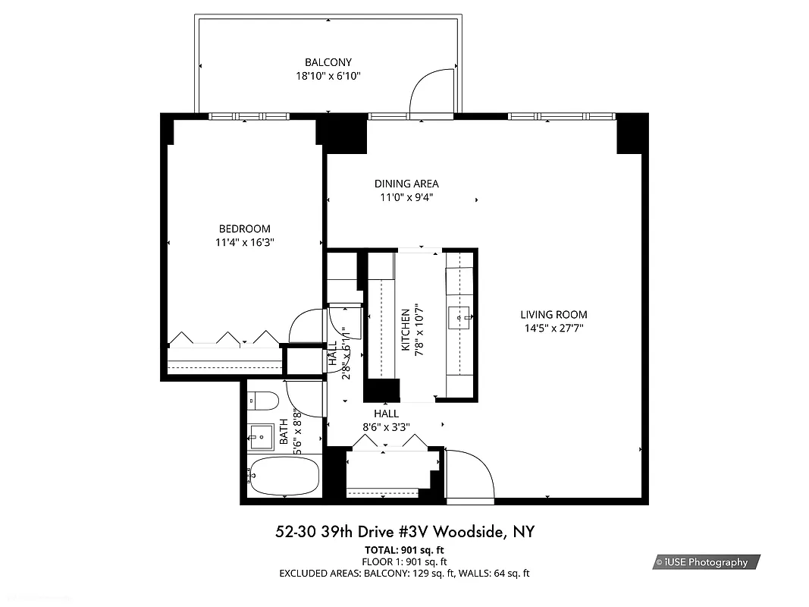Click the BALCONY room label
coord(328,62)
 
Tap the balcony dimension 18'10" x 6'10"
coord(328,76)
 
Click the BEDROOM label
coord(244,229)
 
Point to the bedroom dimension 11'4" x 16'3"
coord(244,243)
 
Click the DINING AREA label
coord(406,184)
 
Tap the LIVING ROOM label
coord(553,315)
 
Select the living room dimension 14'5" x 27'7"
coord(553,329)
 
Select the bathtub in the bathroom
coord(282,476)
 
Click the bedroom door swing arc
coord(306,326)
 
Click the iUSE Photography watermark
coord(706,562)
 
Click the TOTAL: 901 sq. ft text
coord(404,549)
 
